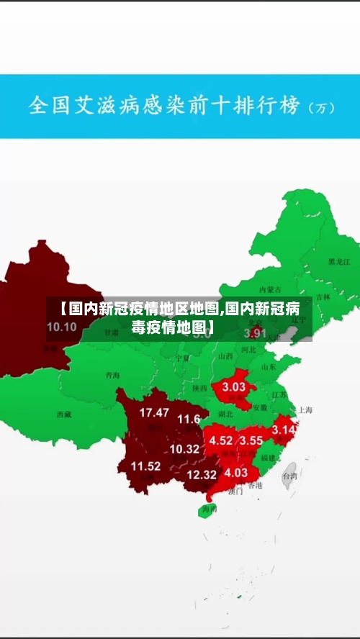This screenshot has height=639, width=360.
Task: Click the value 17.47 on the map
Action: click(154, 412)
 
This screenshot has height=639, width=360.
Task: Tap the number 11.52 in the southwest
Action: click(145, 466)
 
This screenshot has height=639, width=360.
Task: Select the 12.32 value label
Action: click(202, 474)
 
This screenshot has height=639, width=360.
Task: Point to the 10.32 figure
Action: click(184, 448)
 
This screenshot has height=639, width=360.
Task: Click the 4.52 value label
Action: click(221, 440)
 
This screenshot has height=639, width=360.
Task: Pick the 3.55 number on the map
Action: click(251, 440)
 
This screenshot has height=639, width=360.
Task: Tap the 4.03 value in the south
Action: click(235, 473)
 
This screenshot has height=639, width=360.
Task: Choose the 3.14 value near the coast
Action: click(284, 430)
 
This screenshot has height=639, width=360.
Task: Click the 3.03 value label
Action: click(234, 386)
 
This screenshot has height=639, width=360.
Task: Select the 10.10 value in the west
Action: click(61, 326)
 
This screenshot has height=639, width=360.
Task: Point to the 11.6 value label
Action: click(189, 419)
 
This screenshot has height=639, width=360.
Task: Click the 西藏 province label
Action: click(64, 414)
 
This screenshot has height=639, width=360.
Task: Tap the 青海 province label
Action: click(112, 375)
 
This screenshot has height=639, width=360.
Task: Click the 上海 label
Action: click(305, 410)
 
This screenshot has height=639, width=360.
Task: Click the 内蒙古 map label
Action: click(269, 289)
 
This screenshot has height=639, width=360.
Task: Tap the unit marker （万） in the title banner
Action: click(322, 109)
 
